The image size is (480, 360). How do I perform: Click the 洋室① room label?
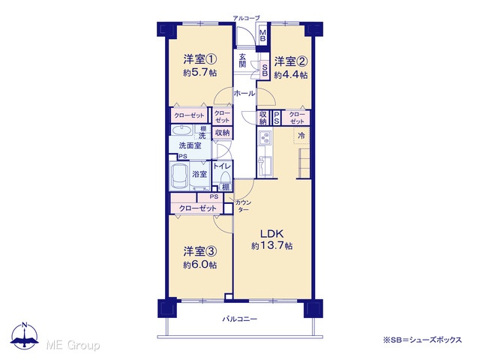pyautogui.click(x=200, y=59)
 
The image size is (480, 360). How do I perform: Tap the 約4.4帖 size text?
pyautogui.click(x=291, y=75)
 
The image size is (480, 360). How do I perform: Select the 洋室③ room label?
pyautogui.click(x=200, y=252)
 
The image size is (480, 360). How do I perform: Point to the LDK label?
pyautogui.click(x=271, y=233)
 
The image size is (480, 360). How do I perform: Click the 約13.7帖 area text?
pyautogui.click(x=271, y=246)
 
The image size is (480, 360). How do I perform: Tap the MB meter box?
pyautogui.click(x=262, y=35)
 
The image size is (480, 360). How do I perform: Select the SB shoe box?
pyautogui.click(x=265, y=70)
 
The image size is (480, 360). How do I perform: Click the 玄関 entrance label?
pyautogui.click(x=242, y=60)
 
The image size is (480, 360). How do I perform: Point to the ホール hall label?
pyautogui.click(x=244, y=93)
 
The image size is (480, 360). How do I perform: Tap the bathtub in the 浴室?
pyautogui.click(x=179, y=176)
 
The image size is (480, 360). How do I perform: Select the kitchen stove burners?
pyautogui.click(x=265, y=138)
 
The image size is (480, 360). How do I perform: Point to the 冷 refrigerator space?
pyautogui.click(x=301, y=135)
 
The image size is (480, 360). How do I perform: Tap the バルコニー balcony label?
pyautogui.click(x=240, y=319)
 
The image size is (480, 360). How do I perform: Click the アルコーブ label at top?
pyautogui.click(x=247, y=18)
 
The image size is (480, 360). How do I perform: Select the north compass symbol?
pyautogui.click(x=25, y=335)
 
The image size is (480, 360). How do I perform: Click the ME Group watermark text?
pyautogui.click(x=73, y=345)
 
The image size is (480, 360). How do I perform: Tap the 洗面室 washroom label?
pyautogui.click(x=190, y=145)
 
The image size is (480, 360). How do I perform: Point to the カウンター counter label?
pyautogui.click(x=243, y=205)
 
